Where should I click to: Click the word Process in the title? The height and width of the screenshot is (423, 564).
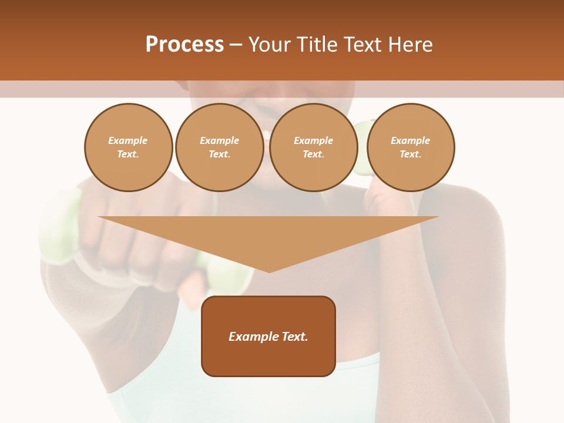point(184,45)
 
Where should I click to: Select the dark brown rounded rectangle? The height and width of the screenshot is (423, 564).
point(268,358)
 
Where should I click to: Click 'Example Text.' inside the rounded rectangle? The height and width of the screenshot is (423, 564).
point(268,337)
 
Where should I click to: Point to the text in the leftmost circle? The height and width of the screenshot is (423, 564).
point(128,147)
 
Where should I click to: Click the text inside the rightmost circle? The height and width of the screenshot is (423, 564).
point(411,147)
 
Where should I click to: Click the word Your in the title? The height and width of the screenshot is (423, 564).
point(269,45)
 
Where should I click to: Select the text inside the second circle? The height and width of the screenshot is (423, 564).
point(220,147)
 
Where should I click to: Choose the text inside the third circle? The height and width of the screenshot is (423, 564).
point(314,147)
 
